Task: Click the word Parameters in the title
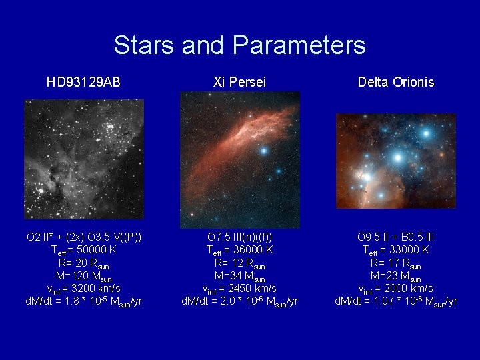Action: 300,45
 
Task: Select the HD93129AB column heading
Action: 83,83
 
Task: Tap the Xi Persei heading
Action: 239,83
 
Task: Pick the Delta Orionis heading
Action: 395,83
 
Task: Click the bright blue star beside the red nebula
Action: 264,151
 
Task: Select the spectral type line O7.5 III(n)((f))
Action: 239,237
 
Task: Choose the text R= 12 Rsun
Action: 239,263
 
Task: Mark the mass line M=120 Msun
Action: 83,276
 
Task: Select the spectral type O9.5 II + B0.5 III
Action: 395,237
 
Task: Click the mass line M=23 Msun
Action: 395,276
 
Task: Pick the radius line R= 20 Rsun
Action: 83,263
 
